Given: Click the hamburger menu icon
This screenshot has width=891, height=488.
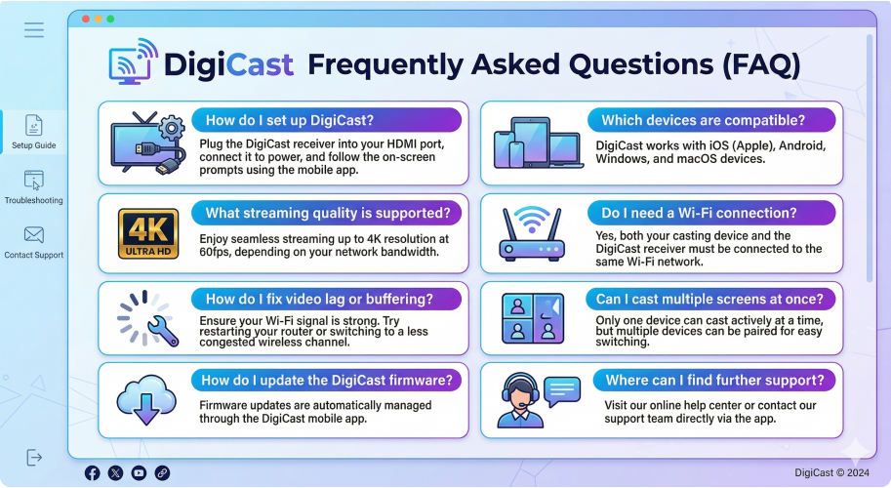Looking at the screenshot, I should pos(34,30).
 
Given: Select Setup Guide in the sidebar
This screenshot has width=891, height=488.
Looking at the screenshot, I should pos(34,132).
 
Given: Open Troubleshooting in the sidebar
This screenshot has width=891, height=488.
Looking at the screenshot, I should pos(34,186).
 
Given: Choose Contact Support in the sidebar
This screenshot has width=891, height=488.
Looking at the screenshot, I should pos(34,241).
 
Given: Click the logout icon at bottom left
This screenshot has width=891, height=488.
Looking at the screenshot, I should pos(34,457).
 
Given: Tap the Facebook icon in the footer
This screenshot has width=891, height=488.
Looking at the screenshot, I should pos(93,472).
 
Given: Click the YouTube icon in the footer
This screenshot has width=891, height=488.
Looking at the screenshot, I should pos(139,472).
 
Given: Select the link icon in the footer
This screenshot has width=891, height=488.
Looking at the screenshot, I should pos(162,472).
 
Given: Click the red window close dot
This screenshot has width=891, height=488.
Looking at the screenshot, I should pos(85,19).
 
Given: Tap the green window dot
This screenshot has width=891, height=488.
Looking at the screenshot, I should pos(110,19).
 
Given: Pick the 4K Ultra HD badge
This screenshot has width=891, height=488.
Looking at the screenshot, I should pos(147,234).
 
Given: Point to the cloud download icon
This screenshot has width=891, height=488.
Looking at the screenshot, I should pos(146,398).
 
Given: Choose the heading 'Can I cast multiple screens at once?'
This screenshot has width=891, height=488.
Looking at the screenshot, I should pos(710,298).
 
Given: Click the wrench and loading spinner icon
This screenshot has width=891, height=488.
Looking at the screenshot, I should pos(147,318).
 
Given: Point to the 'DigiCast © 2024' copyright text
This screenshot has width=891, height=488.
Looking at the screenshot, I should pos(832,472).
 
